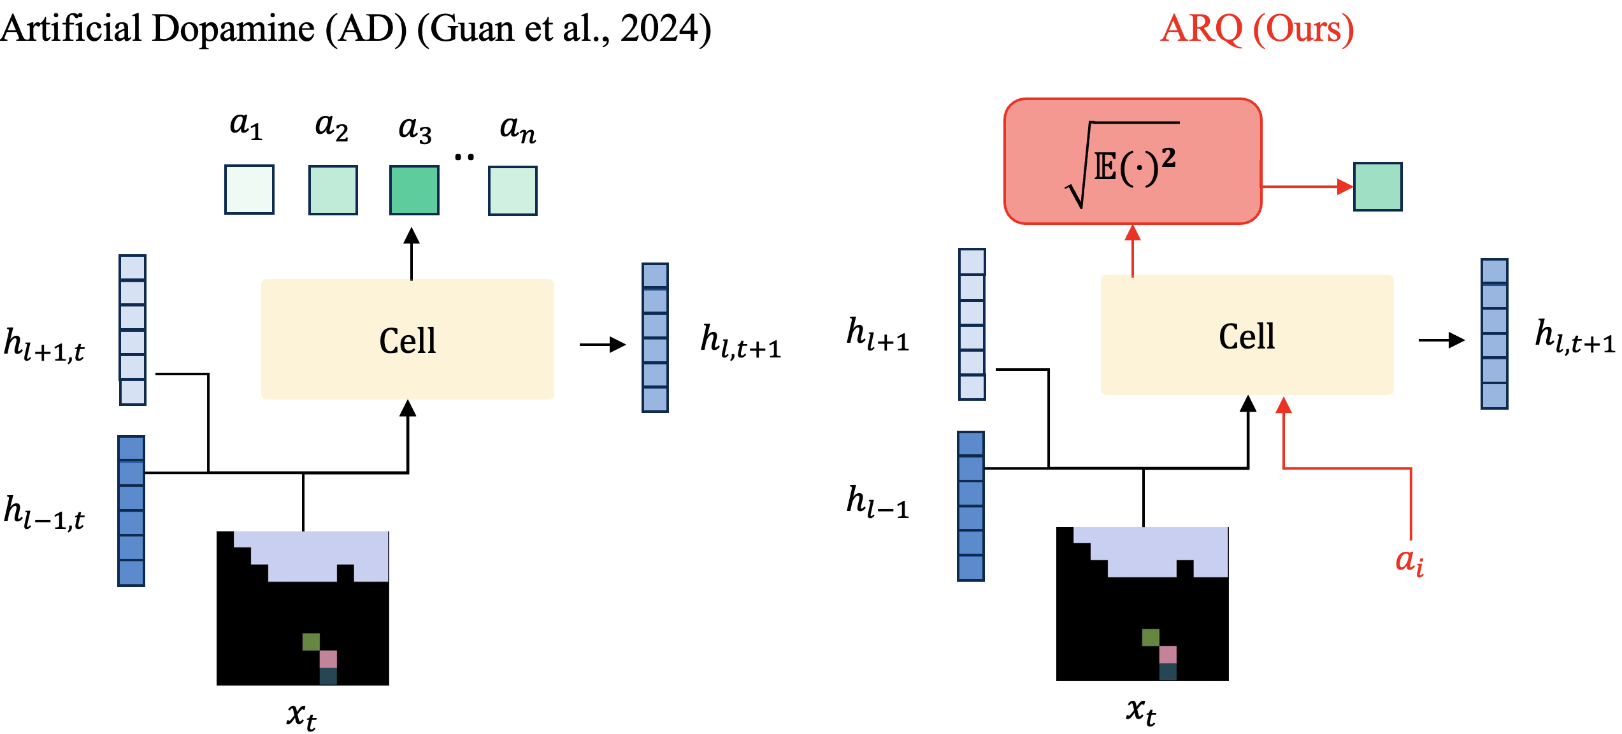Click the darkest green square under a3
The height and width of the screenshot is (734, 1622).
pos(414,190)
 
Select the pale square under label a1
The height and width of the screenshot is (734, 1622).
pos(249,190)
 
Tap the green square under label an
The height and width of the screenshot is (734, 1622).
pos(512,191)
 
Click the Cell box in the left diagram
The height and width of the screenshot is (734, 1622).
pos(407,339)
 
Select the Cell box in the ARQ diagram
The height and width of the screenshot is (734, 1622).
pos(1247,335)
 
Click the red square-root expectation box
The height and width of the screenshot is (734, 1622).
pos(1132,161)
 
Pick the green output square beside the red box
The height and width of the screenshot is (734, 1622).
pos(1377,187)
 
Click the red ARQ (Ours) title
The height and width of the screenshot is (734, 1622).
pos(1256,29)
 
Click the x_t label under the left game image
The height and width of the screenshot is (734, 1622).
pos(301,714)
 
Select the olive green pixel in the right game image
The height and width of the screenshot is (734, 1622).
pos(1151,637)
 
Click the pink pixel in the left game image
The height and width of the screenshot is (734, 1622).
pos(328,659)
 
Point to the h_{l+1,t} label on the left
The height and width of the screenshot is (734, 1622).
pos(43,345)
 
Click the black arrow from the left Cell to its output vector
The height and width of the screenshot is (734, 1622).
pos(602,345)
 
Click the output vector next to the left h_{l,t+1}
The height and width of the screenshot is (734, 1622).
pos(655,338)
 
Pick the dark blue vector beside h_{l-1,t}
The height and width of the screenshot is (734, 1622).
pos(131,510)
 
